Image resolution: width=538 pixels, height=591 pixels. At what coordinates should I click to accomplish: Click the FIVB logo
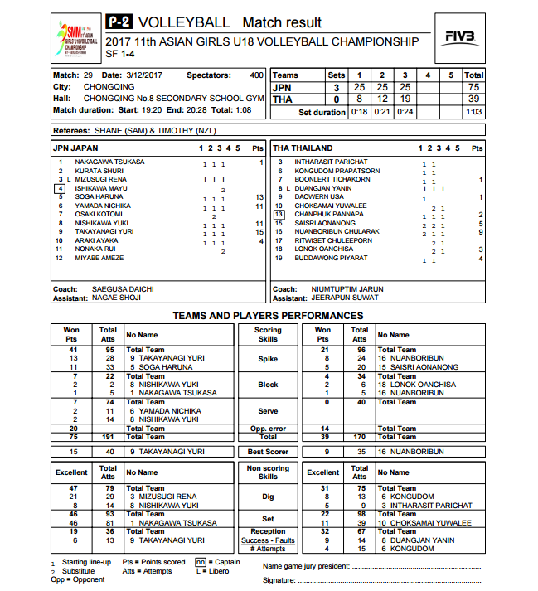459,36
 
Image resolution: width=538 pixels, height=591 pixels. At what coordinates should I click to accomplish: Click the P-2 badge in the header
119,22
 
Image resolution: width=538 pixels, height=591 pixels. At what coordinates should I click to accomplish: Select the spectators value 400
256,75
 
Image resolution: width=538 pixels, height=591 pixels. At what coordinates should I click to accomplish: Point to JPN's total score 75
473,87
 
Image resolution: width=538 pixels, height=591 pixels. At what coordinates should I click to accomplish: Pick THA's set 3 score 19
405,99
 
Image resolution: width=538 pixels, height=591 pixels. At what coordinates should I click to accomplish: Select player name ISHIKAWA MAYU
100,188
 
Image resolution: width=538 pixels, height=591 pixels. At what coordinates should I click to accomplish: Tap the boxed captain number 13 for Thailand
279,214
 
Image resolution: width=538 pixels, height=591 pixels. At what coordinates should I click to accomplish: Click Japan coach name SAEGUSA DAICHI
121,289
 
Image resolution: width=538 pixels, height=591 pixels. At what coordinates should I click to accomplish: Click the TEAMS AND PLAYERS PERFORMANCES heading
267,316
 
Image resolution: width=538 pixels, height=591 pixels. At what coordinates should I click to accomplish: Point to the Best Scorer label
268,452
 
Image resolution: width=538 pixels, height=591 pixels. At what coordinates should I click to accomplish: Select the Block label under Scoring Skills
268,385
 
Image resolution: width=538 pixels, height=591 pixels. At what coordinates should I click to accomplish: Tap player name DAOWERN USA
320,196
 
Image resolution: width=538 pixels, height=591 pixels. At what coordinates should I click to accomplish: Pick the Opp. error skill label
268,428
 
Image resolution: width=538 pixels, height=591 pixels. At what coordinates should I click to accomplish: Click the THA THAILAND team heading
303,148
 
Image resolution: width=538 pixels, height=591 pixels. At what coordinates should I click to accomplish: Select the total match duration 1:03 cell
473,112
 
